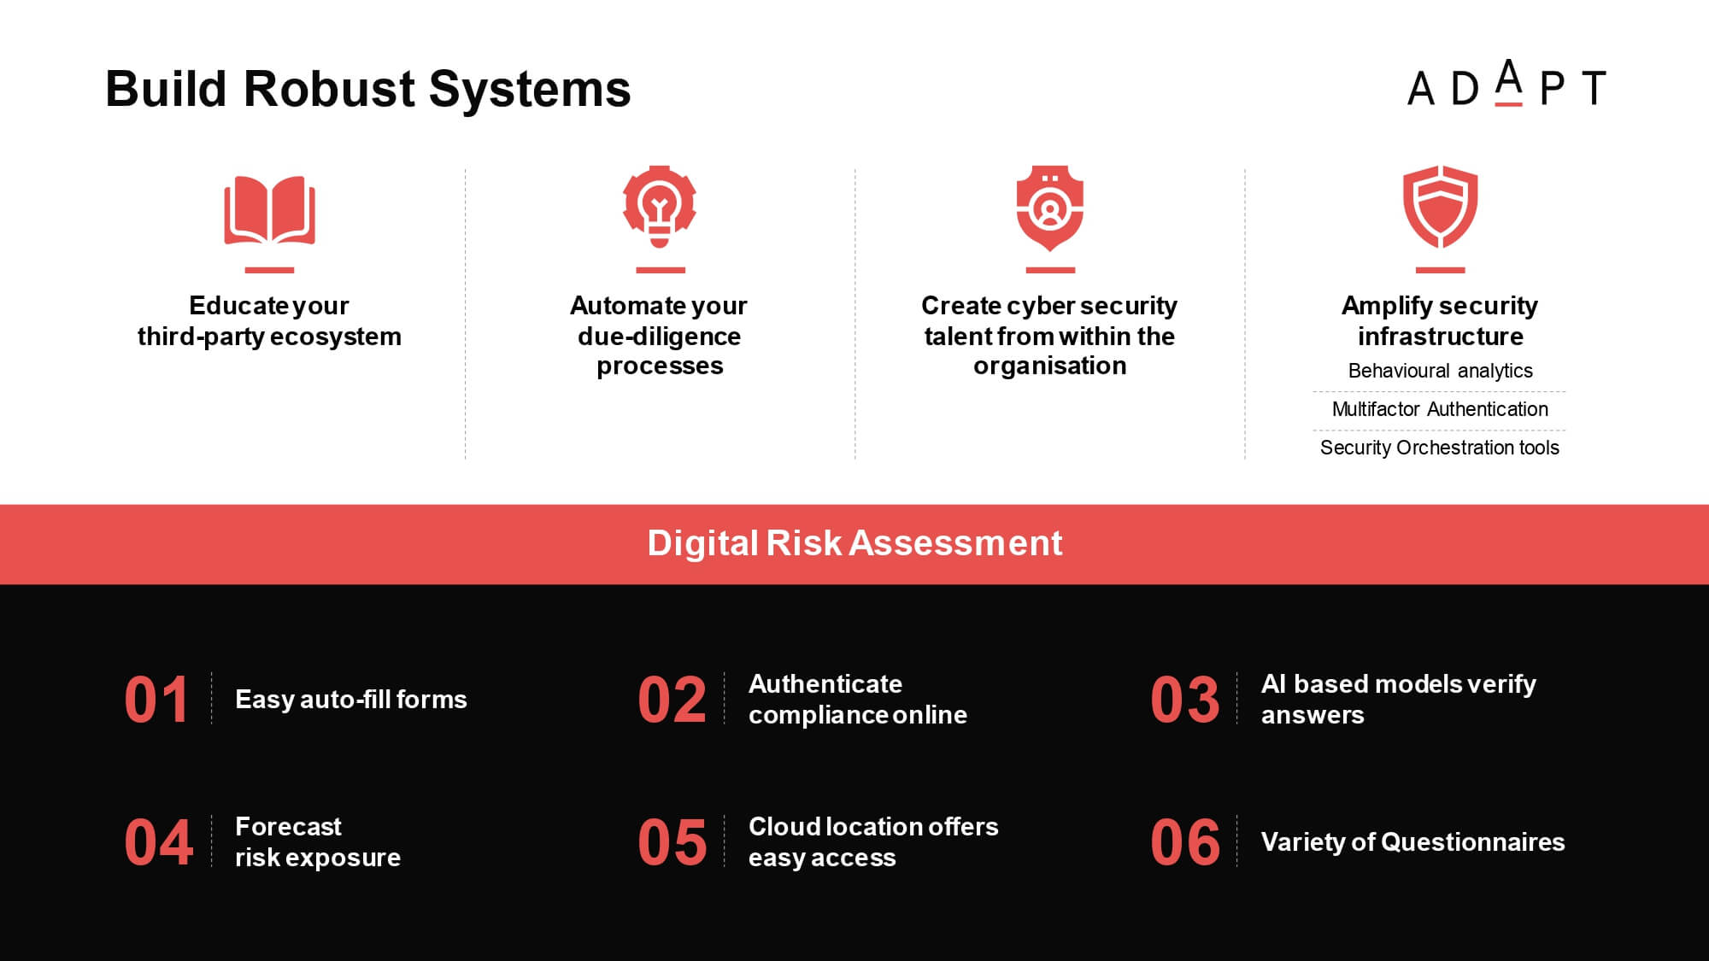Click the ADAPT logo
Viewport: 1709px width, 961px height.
click(x=1506, y=84)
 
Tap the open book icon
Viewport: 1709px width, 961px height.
click(x=269, y=210)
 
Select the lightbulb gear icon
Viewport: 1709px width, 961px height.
click(x=660, y=207)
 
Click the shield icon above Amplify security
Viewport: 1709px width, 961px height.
click(x=1440, y=207)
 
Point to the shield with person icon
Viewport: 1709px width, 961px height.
click(x=1050, y=208)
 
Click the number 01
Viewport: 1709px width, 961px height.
click(x=156, y=700)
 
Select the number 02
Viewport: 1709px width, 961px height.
click(x=672, y=700)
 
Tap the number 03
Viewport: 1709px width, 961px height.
click(x=1184, y=700)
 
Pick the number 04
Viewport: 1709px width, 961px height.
click(x=159, y=843)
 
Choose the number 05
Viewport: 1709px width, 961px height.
click(x=672, y=843)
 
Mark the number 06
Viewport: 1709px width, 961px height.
click(x=1184, y=843)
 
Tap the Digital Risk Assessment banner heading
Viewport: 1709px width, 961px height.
click(x=854, y=543)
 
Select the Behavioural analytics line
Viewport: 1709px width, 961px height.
click(x=1440, y=371)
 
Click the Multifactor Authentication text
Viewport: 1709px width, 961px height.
click(x=1440, y=409)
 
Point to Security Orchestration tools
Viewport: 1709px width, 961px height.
click(x=1440, y=448)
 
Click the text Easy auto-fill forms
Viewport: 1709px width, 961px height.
click(x=351, y=700)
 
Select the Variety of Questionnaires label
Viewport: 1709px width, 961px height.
click(x=1413, y=842)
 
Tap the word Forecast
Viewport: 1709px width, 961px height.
click(x=288, y=827)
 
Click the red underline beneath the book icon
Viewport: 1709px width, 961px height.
click(x=269, y=270)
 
